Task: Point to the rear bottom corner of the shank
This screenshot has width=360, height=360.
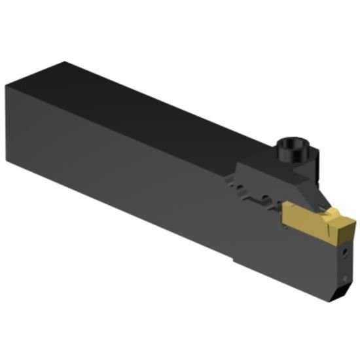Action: coord(8,159)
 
